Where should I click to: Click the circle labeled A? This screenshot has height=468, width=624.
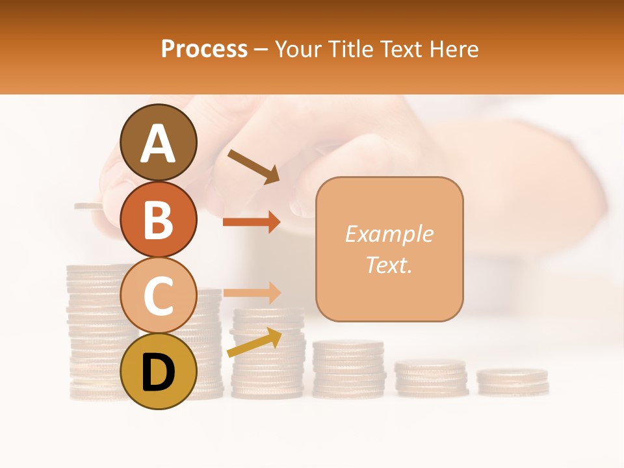click(x=159, y=142)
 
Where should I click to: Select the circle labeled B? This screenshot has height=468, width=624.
click(x=159, y=218)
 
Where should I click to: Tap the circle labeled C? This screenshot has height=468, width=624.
click(x=159, y=295)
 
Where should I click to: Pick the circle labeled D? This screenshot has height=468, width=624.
click(x=159, y=371)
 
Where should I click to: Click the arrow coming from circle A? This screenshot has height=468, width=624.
click(x=254, y=166)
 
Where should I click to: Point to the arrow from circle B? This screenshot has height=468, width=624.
click(x=252, y=222)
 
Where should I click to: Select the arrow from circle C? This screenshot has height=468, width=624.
click(x=252, y=292)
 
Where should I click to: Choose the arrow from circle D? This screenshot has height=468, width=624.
click(x=254, y=343)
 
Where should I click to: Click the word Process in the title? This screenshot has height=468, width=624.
click(x=204, y=49)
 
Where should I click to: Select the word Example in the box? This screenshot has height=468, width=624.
click(x=389, y=234)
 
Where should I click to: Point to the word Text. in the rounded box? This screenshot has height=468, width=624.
click(x=389, y=265)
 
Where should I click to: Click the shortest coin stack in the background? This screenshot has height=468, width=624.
click(x=512, y=382)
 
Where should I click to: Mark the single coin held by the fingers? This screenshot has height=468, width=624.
click(x=88, y=207)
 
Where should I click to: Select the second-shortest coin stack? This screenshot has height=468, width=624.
click(x=431, y=378)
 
